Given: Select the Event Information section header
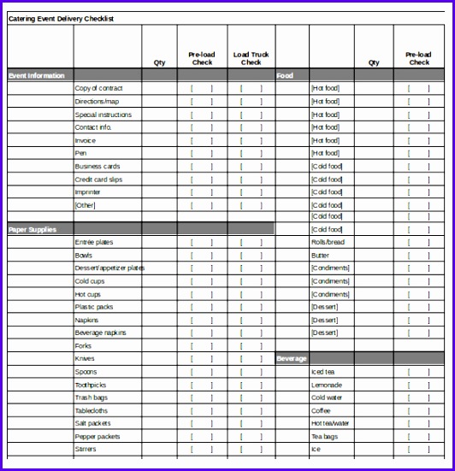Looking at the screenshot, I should tap(37, 76).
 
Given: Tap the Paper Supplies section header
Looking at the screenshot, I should tap(33, 229).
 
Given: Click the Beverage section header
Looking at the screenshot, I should tap(292, 359).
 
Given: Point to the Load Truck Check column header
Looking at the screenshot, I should tap(251, 58).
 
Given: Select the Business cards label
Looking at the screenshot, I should tap(97, 167).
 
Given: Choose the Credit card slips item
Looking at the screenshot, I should tap(99, 180).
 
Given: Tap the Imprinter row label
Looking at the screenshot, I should tap(88, 192).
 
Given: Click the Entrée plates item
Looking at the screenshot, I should tap(94, 243).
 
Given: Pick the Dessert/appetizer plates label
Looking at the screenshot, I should tap(110, 268).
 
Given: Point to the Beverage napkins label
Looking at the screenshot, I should tap(101, 333).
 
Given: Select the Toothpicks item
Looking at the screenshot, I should tap(91, 385).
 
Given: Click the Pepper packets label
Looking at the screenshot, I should tap(97, 436).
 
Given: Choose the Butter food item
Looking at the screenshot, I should tap(320, 256).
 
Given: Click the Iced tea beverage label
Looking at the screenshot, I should tap(322, 372).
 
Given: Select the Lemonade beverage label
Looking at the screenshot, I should tap(326, 385).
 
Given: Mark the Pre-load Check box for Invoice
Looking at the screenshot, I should tap(202, 140).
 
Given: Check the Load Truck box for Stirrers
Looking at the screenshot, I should tap(251, 449).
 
